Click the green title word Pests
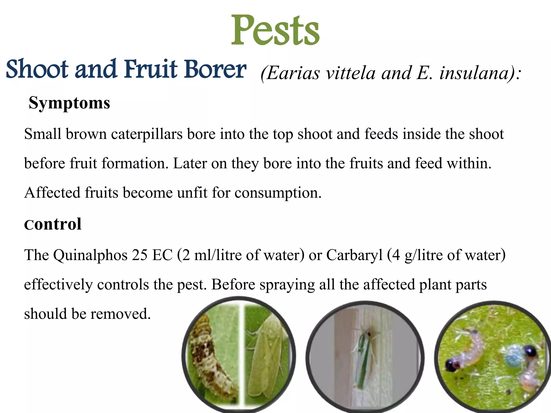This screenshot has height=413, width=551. tap(275, 30)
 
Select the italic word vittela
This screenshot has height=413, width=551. tap(350, 73)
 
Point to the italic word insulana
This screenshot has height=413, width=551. tap(476, 73)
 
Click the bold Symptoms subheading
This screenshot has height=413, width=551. tap(69, 103)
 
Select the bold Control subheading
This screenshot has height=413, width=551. tap(53, 224)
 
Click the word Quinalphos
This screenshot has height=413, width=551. tap(90, 255)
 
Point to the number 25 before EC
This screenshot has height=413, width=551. tap(139, 255)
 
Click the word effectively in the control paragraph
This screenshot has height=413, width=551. tap(58, 284)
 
